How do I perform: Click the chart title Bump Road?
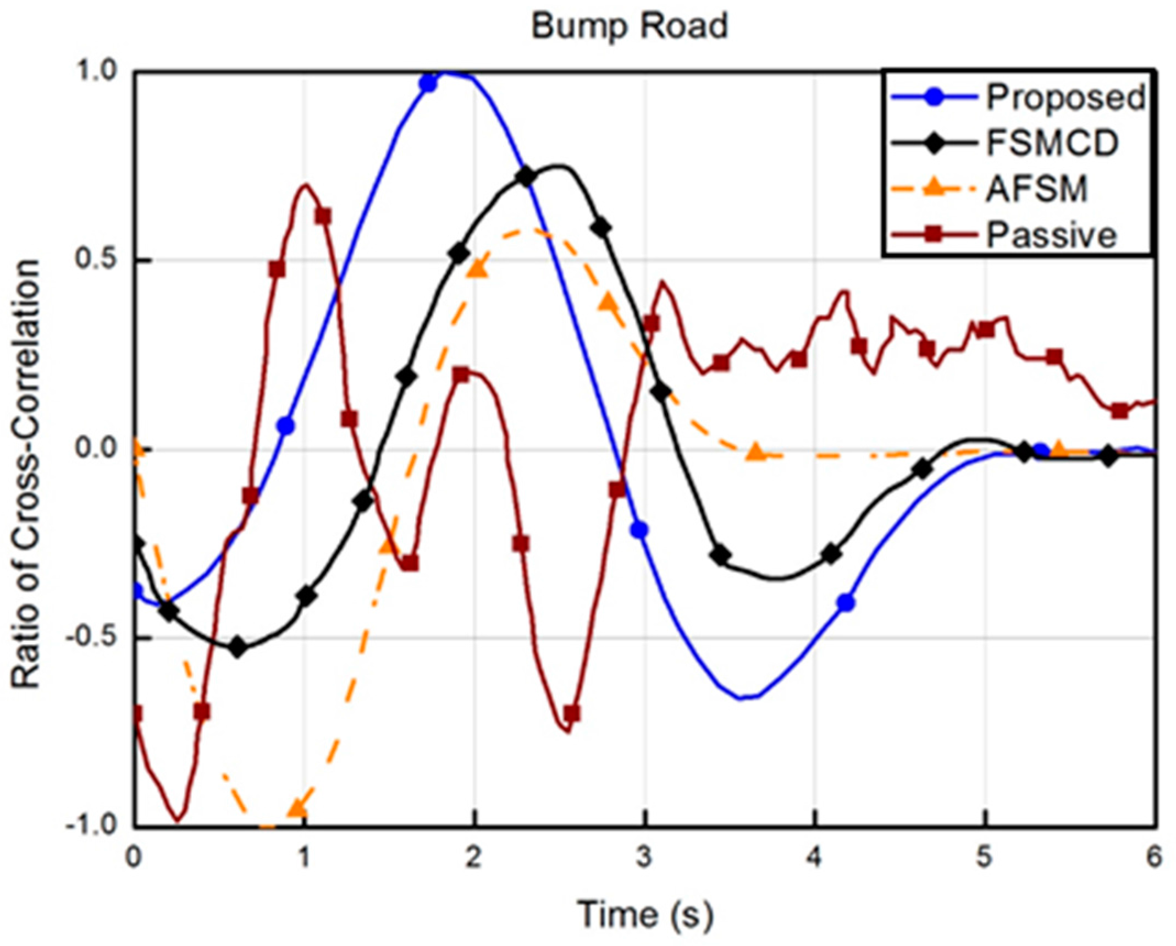click(x=630, y=26)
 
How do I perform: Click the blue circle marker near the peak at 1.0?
click(x=428, y=84)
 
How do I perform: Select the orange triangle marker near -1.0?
click(x=297, y=808)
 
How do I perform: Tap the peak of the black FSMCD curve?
click(x=558, y=166)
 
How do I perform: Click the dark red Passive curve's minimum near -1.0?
click(x=178, y=821)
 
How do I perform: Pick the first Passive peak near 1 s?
click(x=305, y=185)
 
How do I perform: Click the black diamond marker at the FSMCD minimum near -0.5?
click(x=238, y=647)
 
